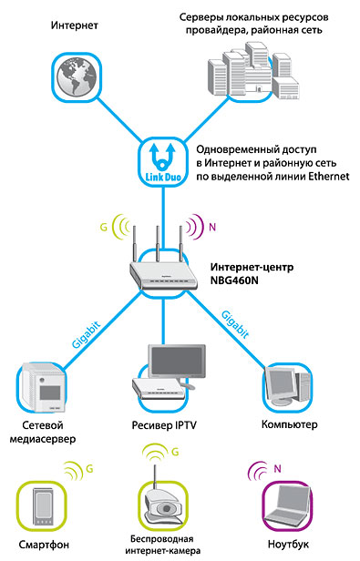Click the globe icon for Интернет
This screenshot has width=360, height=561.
point(77,76)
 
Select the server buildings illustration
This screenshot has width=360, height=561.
point(253,72)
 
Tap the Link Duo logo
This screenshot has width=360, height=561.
point(163,162)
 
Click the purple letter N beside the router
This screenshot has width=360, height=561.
point(212,227)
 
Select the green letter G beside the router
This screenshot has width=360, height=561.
point(104,227)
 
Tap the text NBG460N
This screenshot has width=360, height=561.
point(234,280)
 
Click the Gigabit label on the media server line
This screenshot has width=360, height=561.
point(86,335)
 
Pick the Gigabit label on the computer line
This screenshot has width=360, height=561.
point(235,324)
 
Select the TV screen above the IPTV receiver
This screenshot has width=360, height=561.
point(177,362)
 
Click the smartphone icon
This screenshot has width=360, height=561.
point(43,506)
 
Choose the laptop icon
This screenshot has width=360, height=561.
point(287,505)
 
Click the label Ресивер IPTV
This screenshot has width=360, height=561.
point(164,425)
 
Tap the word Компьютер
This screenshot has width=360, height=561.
point(290,424)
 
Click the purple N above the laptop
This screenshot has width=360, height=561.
point(277,468)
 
